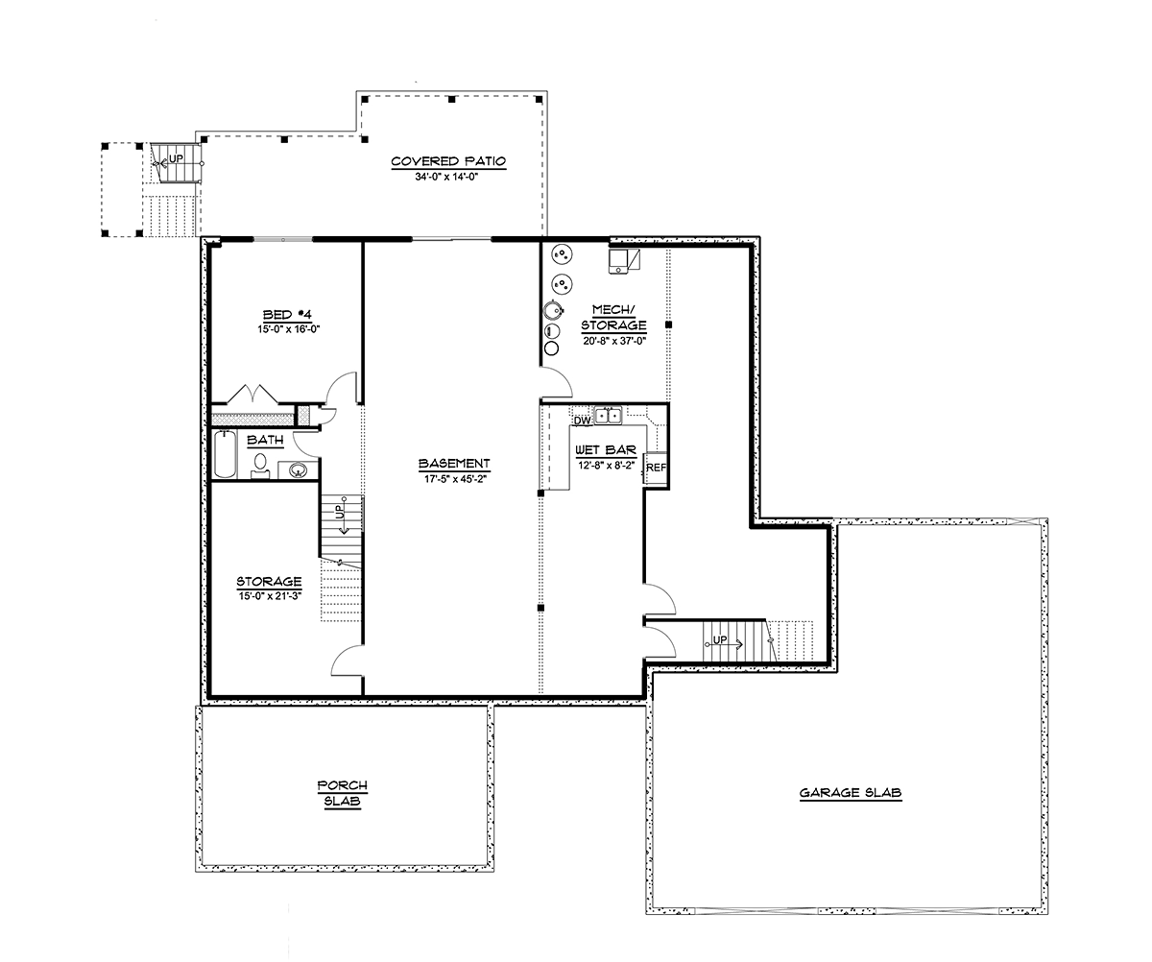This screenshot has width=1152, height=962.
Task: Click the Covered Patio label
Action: pos(448,161)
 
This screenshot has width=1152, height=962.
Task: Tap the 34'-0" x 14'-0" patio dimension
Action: pos(448,177)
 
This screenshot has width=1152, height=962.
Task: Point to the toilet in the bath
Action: pos(260,466)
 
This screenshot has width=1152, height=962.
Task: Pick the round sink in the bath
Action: pos(298,469)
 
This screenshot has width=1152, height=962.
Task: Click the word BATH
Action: pos(265,441)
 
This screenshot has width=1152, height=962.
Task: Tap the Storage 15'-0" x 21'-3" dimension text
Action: pos(270,596)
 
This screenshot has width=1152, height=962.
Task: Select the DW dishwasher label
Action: pos(582,420)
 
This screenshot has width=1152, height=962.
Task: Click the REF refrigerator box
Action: pos(656,468)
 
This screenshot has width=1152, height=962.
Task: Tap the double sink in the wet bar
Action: pos(608,416)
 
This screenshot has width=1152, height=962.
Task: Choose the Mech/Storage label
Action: pos(612,317)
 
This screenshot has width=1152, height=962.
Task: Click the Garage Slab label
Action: pos(851,793)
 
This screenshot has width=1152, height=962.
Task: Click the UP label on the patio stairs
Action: pos(176,159)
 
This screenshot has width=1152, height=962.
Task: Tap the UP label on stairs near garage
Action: pos(720,639)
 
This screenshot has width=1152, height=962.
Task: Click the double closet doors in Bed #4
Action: pos(252,395)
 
